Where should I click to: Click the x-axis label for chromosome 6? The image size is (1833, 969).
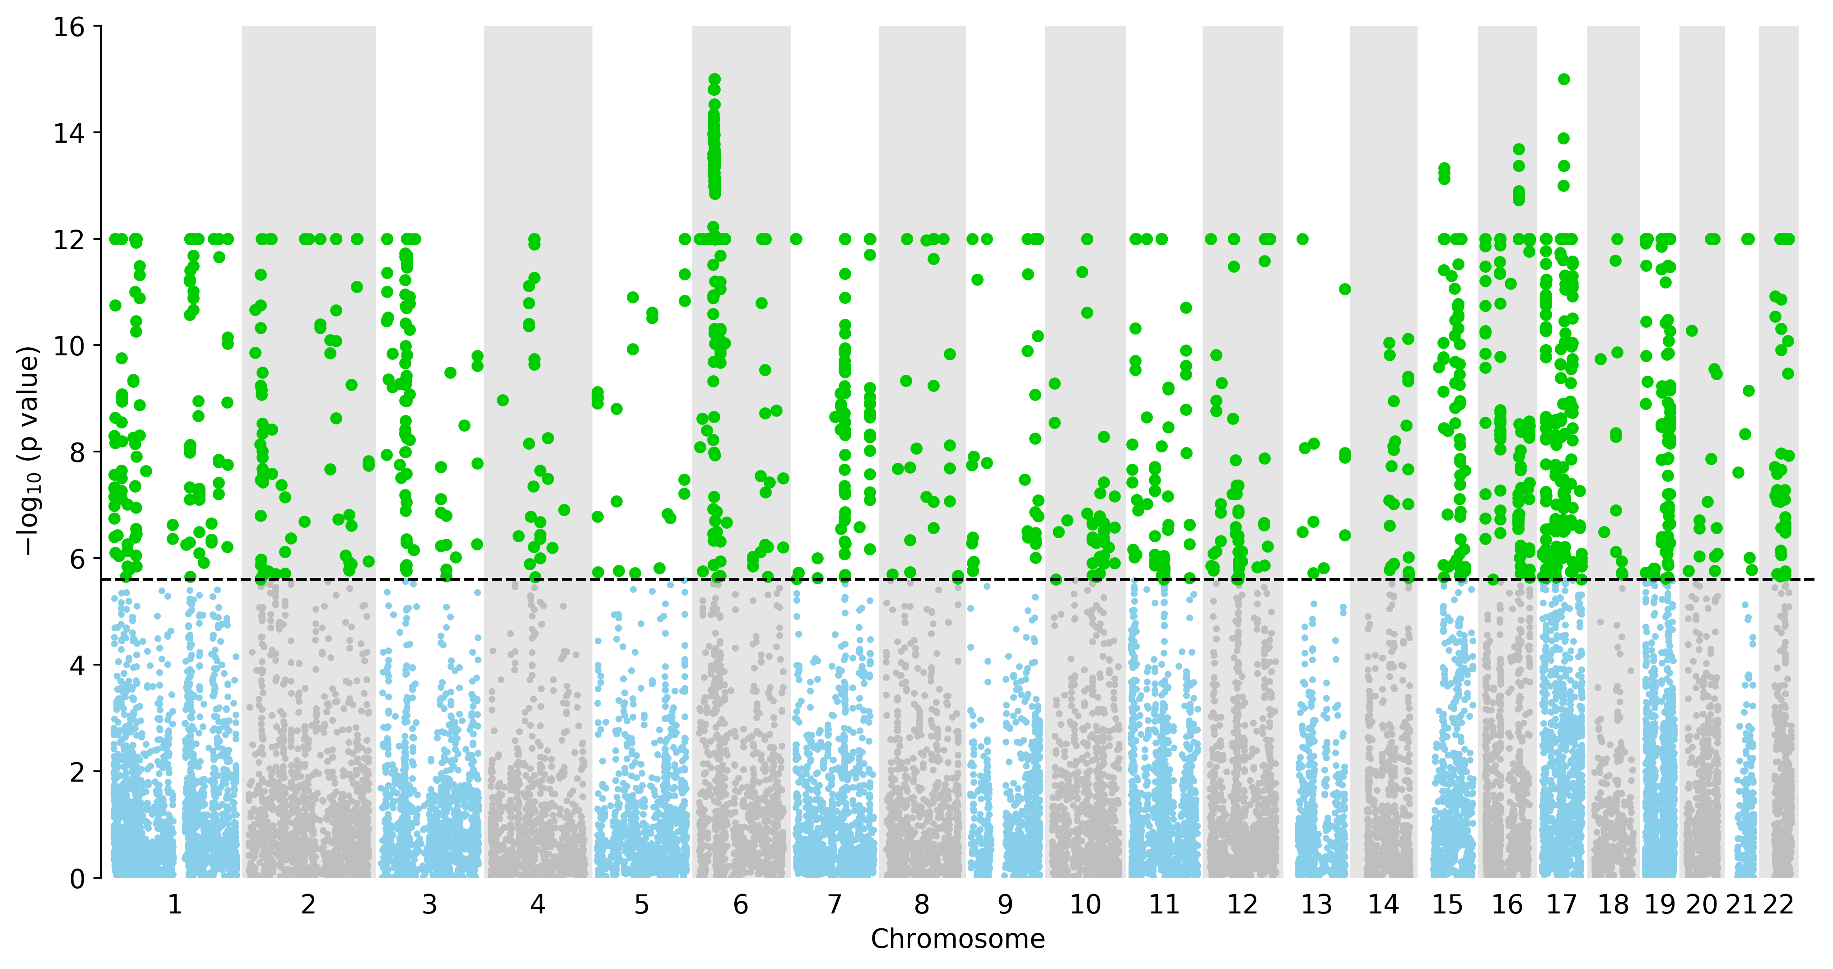click(x=741, y=905)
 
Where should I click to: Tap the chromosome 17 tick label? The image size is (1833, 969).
click(x=1562, y=905)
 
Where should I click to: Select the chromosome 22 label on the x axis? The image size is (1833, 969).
click(x=1778, y=905)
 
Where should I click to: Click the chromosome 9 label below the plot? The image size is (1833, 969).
click(x=1005, y=905)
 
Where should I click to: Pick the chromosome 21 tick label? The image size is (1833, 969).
click(x=1741, y=905)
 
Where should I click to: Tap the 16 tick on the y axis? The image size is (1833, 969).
click(x=69, y=27)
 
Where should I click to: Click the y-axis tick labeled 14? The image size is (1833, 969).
click(x=69, y=133)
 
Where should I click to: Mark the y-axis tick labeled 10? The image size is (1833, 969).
click(x=69, y=346)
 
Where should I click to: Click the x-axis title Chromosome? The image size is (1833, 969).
click(x=958, y=939)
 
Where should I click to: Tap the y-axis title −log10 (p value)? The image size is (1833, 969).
click(x=28, y=451)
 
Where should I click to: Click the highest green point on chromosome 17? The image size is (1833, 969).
click(x=1564, y=79)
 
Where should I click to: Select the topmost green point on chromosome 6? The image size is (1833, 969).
click(x=714, y=79)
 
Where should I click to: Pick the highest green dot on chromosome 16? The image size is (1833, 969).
click(x=1519, y=149)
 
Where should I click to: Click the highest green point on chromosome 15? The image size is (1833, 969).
click(x=1444, y=168)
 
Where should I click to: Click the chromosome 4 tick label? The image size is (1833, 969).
click(x=538, y=905)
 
